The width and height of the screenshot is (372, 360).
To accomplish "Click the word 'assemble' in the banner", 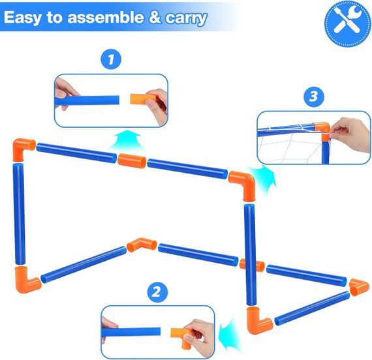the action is tap(106, 18).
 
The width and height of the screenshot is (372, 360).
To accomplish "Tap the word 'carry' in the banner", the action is tap(186, 18).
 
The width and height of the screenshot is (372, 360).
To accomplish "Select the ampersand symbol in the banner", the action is tap(155, 18).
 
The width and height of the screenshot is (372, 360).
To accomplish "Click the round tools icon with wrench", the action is tap(347, 23).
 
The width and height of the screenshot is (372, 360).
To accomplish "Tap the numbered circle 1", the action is tap(111, 59).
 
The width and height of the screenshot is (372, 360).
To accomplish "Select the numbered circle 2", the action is tap(157, 292).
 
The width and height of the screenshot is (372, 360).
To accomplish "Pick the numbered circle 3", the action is tap(314, 97).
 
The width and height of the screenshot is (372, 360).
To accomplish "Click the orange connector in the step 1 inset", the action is tap(142, 99).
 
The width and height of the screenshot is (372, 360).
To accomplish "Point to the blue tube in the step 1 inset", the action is tap(87, 100).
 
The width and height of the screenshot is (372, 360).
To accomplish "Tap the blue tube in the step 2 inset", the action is tap(131, 332).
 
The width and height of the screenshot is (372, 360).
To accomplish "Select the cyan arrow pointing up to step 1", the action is tap(128, 140).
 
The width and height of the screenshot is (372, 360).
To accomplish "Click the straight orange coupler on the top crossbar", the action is tap(132, 160).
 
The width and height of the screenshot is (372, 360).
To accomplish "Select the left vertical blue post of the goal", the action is tap(19, 213).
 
